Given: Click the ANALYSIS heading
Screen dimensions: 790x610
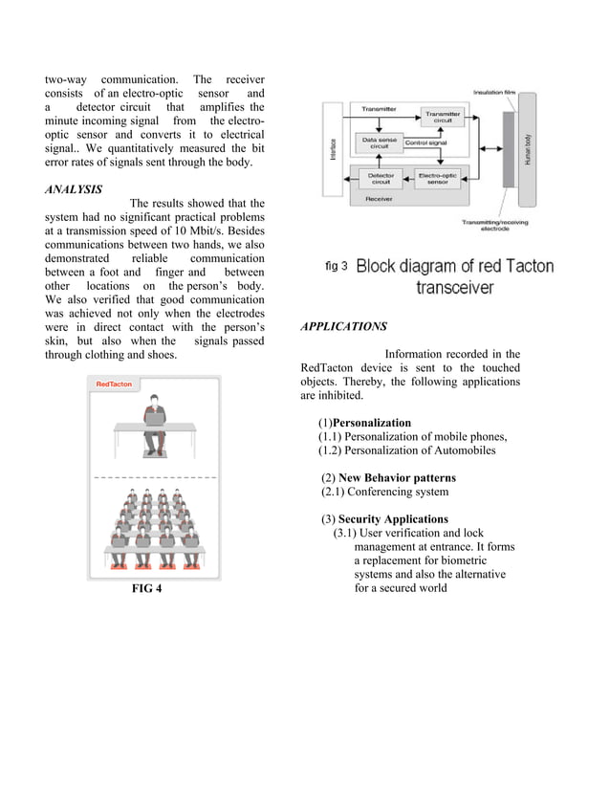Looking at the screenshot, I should point(74,188).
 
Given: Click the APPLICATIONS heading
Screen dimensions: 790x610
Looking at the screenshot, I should point(343,326).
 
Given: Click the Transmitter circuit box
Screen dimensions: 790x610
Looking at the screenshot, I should point(444,117).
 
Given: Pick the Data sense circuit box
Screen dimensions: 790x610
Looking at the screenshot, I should point(379,143).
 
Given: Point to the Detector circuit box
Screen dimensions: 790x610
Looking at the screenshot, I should point(381,178).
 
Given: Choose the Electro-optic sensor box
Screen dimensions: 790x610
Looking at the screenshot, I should point(436,178).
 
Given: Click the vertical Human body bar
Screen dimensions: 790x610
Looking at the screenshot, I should point(526,150).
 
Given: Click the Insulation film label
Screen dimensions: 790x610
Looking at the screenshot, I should point(494,92).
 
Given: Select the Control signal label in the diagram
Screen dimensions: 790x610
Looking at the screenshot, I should point(426,143).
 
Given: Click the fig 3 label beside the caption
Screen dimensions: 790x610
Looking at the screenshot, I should point(337,266).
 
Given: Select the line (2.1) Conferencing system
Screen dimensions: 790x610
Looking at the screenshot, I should point(384,492).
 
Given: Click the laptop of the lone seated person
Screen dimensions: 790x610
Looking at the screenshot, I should point(153,415).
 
